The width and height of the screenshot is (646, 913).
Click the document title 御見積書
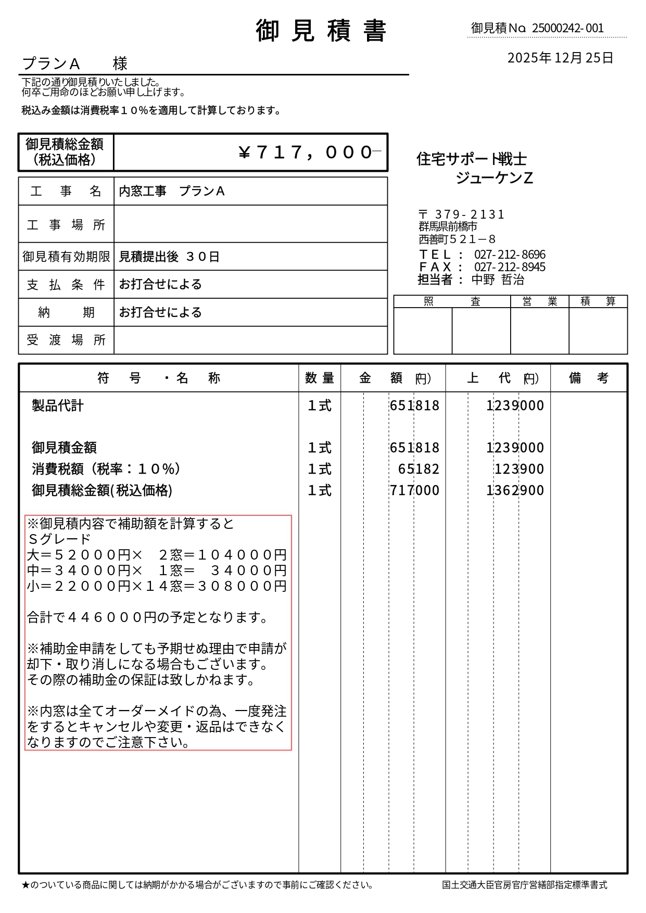pyautogui.click(x=321, y=31)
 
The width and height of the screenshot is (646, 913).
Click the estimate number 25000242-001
pyautogui.click(x=567, y=28)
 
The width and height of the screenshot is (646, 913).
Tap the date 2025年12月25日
pyautogui.click(x=560, y=58)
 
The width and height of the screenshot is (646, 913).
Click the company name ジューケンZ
pyautogui.click(x=494, y=178)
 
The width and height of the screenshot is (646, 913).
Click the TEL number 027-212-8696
pyautogui.click(x=510, y=255)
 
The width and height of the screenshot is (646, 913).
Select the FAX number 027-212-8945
pyautogui.click(x=510, y=267)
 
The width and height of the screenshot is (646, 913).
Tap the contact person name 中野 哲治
pyautogui.click(x=498, y=280)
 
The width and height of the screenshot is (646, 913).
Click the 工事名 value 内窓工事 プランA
pyautogui.click(x=172, y=192)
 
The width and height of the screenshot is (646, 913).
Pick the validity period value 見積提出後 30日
pyautogui.click(x=169, y=257)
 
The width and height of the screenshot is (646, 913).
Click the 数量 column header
pyautogui.click(x=320, y=378)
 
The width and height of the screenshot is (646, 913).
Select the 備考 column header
pyautogui.click(x=588, y=378)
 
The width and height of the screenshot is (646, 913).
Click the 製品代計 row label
pyautogui.click(x=57, y=405)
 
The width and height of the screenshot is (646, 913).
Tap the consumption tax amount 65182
pyautogui.click(x=419, y=469)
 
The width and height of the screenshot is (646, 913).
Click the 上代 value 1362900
pyautogui.click(x=515, y=490)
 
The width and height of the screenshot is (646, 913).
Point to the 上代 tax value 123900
pyautogui.click(x=519, y=469)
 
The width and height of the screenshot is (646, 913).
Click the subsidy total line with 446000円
pyautogui.click(x=147, y=617)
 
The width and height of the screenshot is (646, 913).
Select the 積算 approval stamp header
pyautogui.click(x=598, y=301)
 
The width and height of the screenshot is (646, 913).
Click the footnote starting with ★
pyautogui.click(x=197, y=885)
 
